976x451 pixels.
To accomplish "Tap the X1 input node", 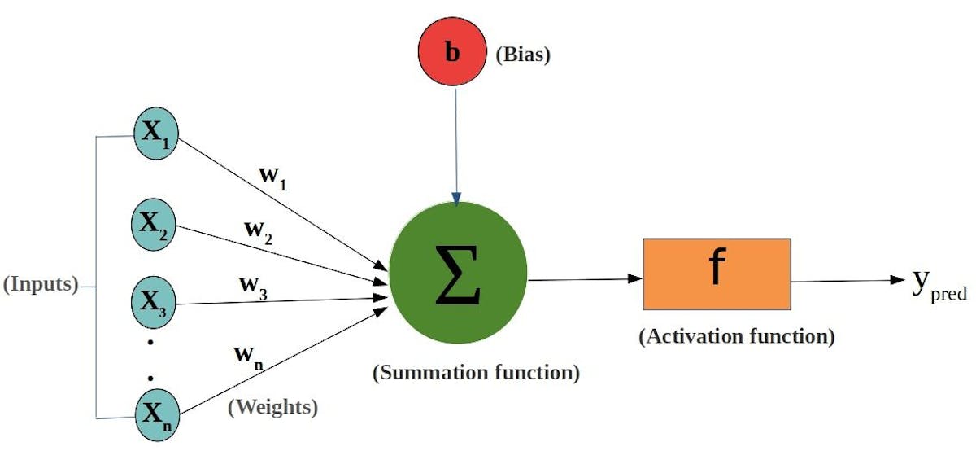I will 155,134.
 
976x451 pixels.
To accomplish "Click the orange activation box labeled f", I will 716,274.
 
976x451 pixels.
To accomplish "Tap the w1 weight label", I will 272,178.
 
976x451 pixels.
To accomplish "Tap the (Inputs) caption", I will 41,286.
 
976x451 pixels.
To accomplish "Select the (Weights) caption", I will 272,406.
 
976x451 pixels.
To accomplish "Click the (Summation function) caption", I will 476,374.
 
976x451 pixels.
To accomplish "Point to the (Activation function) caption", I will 736,336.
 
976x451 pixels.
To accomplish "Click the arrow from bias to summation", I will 456,147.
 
